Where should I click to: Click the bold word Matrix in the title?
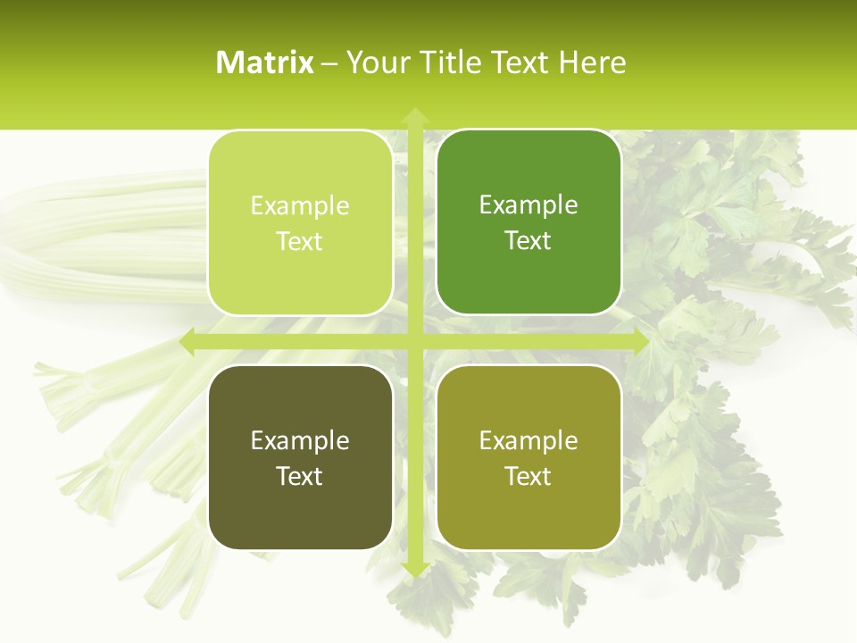click(265, 63)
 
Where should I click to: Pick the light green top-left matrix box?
click(300, 222)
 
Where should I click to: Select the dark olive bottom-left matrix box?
click(300, 457)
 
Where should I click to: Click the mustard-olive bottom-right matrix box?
click(528, 457)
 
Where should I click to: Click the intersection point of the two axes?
click(415, 342)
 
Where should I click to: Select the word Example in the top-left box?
click(300, 206)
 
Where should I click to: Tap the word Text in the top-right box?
click(528, 241)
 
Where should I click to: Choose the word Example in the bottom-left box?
click(300, 441)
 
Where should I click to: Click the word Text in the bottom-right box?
click(528, 476)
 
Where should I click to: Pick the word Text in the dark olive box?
click(300, 476)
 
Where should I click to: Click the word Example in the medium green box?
click(528, 205)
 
